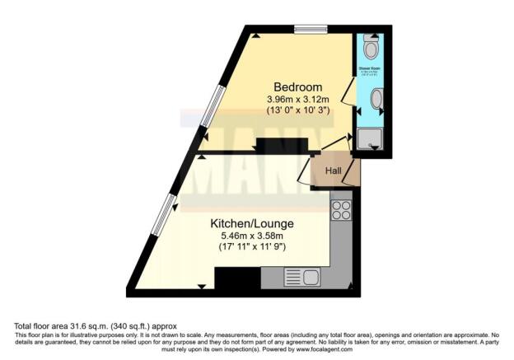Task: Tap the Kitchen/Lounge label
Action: (252, 223)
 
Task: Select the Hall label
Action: (333, 171)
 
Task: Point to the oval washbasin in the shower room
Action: (376, 100)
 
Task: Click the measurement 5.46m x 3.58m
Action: (252, 236)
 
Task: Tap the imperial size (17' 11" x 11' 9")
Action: (252, 246)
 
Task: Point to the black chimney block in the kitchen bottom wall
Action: (237, 280)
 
